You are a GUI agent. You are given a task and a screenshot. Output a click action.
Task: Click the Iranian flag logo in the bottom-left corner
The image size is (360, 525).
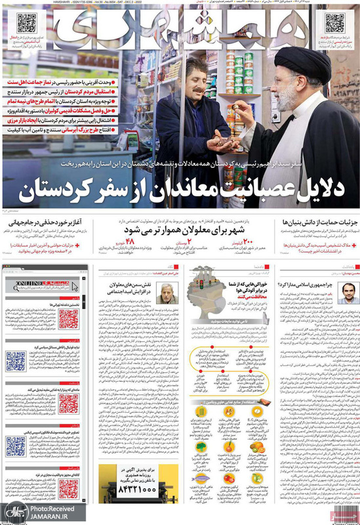pos(12,512)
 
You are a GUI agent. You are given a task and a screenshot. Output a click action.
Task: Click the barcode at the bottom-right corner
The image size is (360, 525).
pos(346,502)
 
